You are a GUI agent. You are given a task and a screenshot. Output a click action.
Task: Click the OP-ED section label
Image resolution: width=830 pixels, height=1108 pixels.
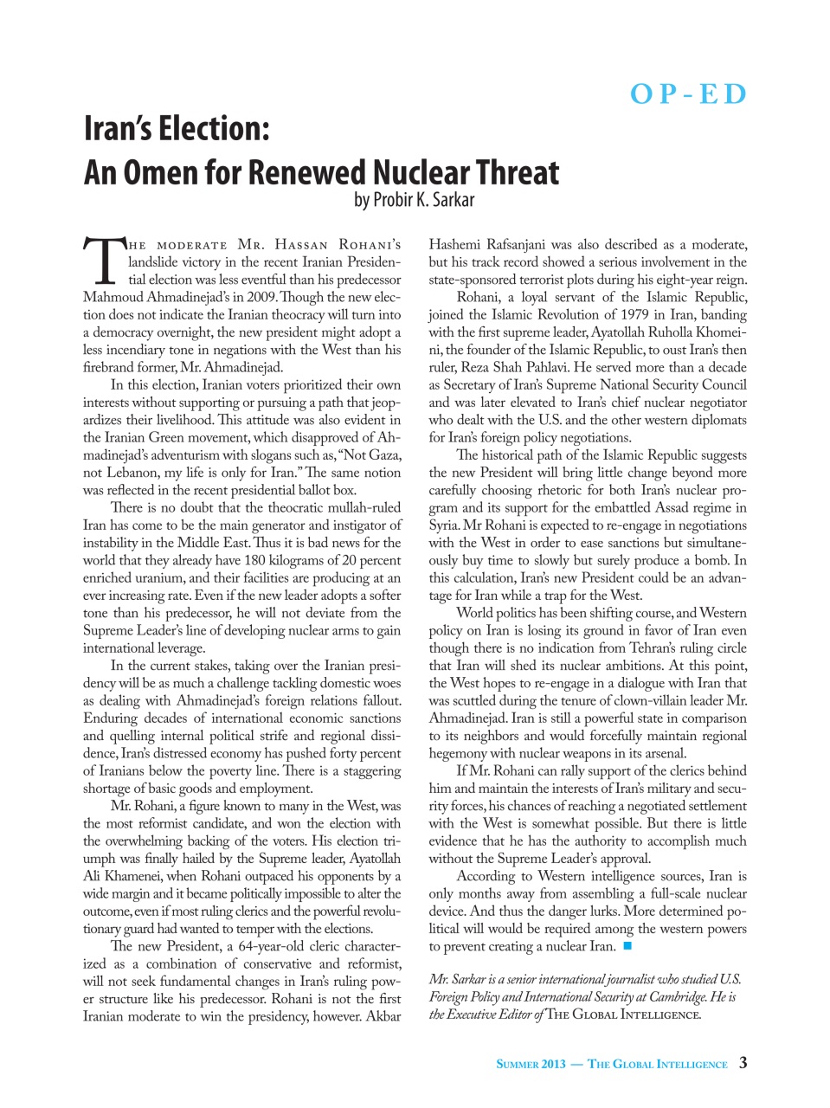coord(688,93)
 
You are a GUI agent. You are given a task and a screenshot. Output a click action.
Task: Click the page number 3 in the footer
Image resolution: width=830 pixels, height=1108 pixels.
coord(743,1063)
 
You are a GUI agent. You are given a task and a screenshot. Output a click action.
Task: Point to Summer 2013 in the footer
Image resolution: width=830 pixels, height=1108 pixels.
coord(531,1064)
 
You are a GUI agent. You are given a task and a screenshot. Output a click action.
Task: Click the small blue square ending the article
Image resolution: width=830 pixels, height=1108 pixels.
coord(627,946)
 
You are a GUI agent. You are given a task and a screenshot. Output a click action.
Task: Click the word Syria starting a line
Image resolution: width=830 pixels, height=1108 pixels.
coord(443,525)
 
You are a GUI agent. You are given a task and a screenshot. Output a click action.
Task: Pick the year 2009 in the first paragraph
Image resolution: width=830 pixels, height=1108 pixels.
coord(261,298)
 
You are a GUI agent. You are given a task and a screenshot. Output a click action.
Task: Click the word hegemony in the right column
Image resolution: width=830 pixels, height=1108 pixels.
coord(458,753)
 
